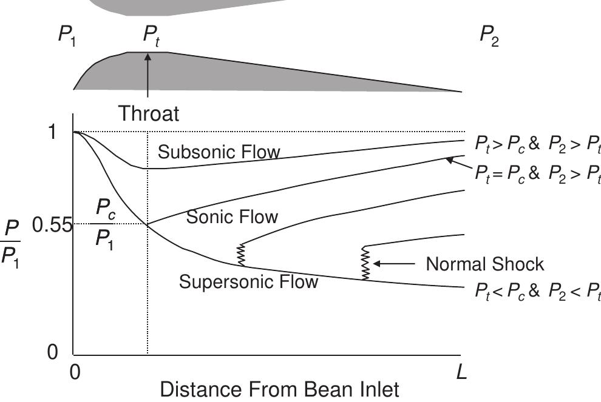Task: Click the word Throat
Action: (x=149, y=113)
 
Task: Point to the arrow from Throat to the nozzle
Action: (x=148, y=76)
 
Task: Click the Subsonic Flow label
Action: (x=219, y=152)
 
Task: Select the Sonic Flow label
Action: (x=232, y=216)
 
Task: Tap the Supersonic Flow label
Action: (x=248, y=282)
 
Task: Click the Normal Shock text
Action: (x=484, y=264)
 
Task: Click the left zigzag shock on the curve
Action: (x=241, y=255)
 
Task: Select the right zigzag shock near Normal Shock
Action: (x=365, y=263)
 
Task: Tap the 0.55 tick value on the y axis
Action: (x=52, y=226)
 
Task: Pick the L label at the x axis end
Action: (x=461, y=371)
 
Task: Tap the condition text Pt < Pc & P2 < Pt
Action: (x=537, y=292)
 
